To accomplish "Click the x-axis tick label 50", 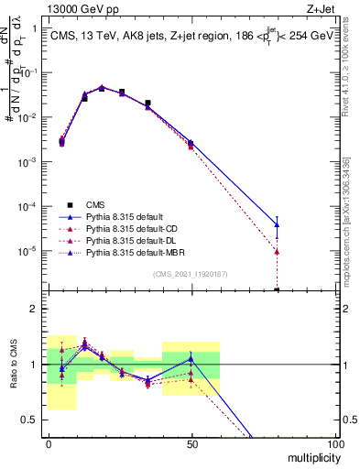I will pos(191,442).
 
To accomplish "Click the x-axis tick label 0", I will pos(49,442).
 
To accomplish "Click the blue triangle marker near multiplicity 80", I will pos(277,224).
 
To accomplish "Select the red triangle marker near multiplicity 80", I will pos(277,251).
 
